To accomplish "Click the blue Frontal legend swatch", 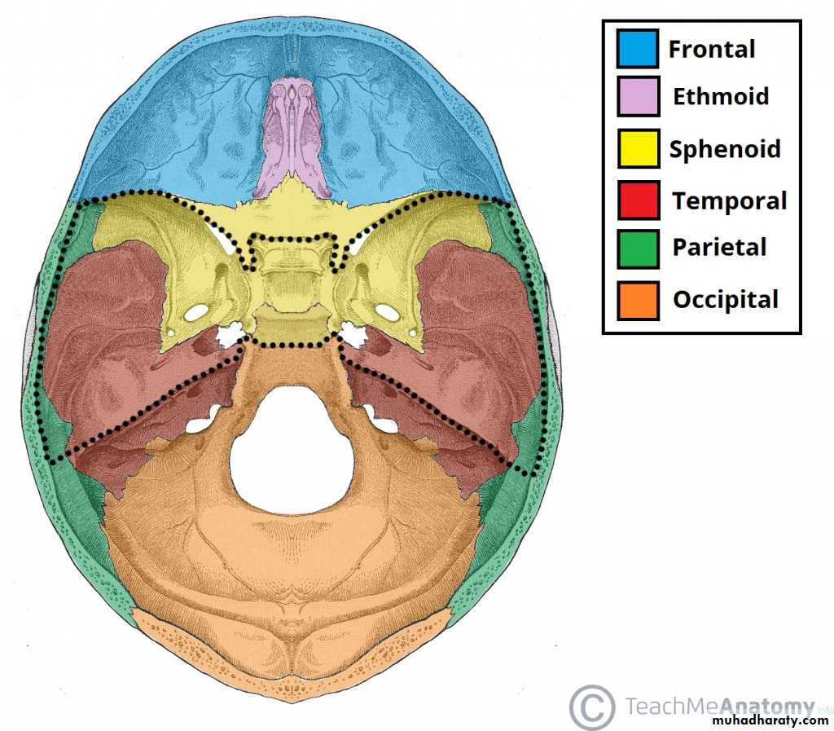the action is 638,48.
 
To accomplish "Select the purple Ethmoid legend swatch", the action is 639,96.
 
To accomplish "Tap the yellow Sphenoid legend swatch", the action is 639,148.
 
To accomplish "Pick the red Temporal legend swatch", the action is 639,200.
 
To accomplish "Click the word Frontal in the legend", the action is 712,49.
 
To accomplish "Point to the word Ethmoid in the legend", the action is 721,96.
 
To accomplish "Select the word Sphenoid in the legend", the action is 725,149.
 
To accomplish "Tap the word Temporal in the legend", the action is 729,201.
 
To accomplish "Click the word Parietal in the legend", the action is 719,248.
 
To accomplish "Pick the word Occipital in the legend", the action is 726,300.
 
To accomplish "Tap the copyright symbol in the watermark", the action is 591,707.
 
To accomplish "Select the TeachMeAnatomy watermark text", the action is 720,706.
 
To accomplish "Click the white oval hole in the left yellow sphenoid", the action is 195,312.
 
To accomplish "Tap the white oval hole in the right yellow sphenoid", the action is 387,312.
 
